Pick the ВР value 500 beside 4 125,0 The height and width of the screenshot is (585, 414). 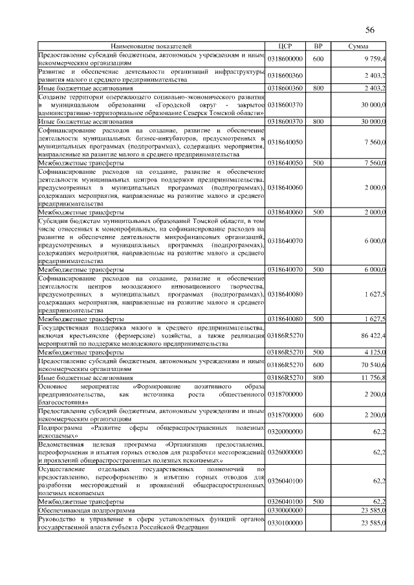point(318,353)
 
